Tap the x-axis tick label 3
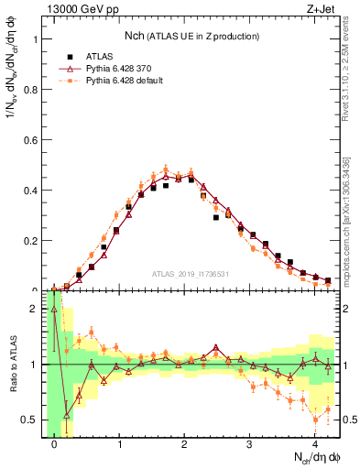pos(250,443)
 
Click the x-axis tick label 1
pos(120,443)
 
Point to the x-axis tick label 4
pos(315,443)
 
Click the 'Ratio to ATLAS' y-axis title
pos(12,365)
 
